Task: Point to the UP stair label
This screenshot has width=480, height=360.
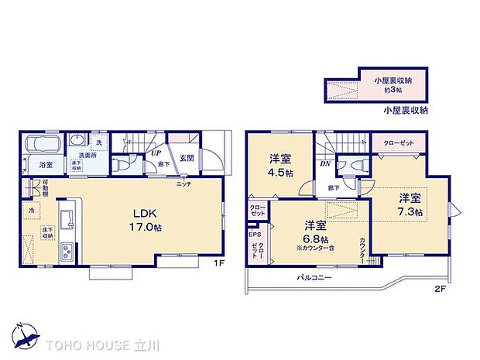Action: (x=155, y=153)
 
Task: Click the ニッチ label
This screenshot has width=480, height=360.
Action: (x=183, y=183)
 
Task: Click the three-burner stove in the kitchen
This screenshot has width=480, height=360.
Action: (x=66, y=252)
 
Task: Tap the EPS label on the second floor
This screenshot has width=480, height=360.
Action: (x=254, y=233)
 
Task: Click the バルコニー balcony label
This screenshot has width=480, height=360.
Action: (x=313, y=277)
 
